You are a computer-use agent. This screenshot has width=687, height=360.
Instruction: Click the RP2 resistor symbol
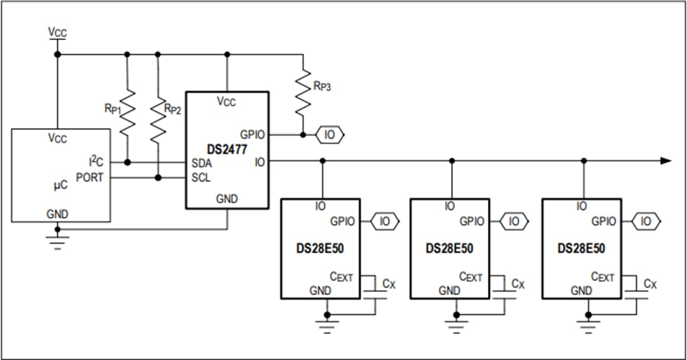(x=158, y=113)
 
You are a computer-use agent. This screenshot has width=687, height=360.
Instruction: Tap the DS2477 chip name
(x=226, y=149)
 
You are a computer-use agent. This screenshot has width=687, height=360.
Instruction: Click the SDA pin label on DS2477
(x=202, y=163)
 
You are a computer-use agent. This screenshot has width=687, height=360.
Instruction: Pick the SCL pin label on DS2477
(x=201, y=177)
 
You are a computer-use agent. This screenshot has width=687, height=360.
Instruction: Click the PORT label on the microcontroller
(x=89, y=177)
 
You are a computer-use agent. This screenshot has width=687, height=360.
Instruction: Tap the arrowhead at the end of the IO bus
(x=665, y=161)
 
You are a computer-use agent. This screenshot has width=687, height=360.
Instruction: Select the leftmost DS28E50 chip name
(x=321, y=249)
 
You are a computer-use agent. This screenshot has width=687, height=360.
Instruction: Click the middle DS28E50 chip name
(x=450, y=249)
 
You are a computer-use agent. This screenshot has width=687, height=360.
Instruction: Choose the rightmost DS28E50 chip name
(x=581, y=249)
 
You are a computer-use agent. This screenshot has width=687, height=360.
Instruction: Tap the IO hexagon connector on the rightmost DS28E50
(x=646, y=221)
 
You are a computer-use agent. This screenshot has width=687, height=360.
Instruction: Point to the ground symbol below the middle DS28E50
(x=456, y=327)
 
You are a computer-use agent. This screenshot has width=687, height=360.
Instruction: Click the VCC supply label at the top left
(x=57, y=32)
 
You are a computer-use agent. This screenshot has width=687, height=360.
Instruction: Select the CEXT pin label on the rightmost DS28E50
(x=602, y=277)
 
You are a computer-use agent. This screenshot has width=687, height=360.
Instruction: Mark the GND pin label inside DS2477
(x=226, y=198)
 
